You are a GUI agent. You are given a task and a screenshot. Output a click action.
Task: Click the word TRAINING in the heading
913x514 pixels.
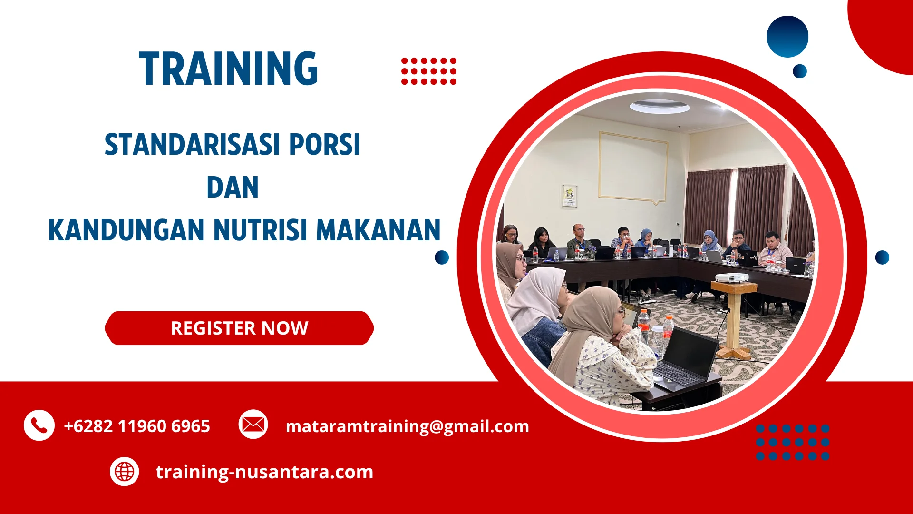pos(228,69)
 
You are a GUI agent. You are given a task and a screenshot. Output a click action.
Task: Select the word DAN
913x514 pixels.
pos(233,188)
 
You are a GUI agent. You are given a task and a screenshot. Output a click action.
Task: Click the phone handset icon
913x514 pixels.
pos(39,425)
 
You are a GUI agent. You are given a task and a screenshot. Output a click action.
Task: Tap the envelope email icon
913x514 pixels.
pos(253,424)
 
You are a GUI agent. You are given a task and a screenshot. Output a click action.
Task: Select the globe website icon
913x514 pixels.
pos(124,472)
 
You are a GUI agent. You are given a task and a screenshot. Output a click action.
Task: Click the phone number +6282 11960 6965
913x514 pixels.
pos(137,426)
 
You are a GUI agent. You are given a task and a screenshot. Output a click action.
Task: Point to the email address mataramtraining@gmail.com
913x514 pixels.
pos(407,426)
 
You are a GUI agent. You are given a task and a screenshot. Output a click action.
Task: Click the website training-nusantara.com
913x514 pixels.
pos(264,472)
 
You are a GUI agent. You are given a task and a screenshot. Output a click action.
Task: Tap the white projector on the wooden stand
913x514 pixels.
pos(732,277)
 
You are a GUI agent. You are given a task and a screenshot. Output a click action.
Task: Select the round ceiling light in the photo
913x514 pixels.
pos(660,107)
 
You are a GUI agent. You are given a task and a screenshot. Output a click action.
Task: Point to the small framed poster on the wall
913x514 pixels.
pos(569,196)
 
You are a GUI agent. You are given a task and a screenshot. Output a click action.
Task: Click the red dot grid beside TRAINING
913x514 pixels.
pos(428,71)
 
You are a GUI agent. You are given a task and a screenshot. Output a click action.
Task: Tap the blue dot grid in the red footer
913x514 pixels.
pos(792,442)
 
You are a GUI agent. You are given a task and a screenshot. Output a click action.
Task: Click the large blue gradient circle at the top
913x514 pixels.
pos(787,37)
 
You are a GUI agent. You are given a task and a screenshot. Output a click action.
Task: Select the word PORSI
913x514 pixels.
pos(325,145)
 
